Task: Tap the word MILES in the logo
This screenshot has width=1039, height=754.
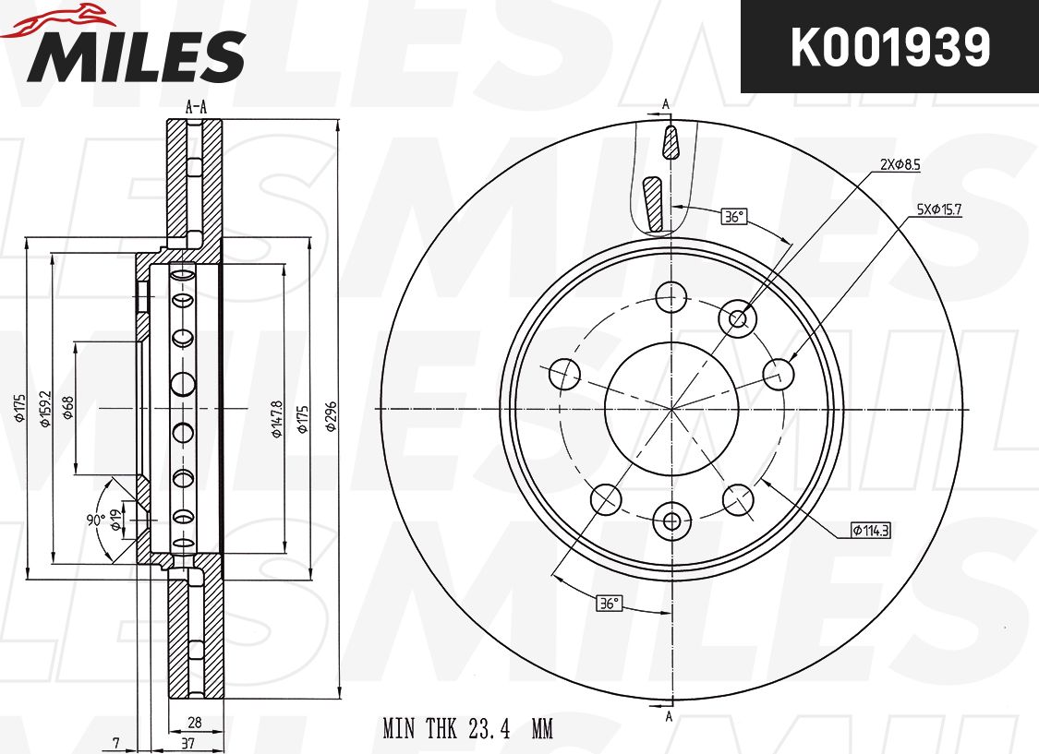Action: pyautogui.click(x=136, y=56)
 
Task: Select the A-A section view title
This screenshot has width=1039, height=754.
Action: pyautogui.click(x=196, y=107)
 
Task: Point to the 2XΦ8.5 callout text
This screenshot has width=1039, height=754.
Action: pyautogui.click(x=900, y=165)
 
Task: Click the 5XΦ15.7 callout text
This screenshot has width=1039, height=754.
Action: pyautogui.click(x=939, y=209)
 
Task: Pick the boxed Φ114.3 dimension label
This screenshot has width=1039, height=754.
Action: pyautogui.click(x=871, y=530)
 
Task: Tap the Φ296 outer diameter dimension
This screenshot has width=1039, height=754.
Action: pyautogui.click(x=332, y=416)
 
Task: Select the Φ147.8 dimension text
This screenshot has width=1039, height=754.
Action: pyautogui.click(x=277, y=418)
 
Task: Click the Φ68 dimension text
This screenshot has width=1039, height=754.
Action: pyautogui.click(x=67, y=408)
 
